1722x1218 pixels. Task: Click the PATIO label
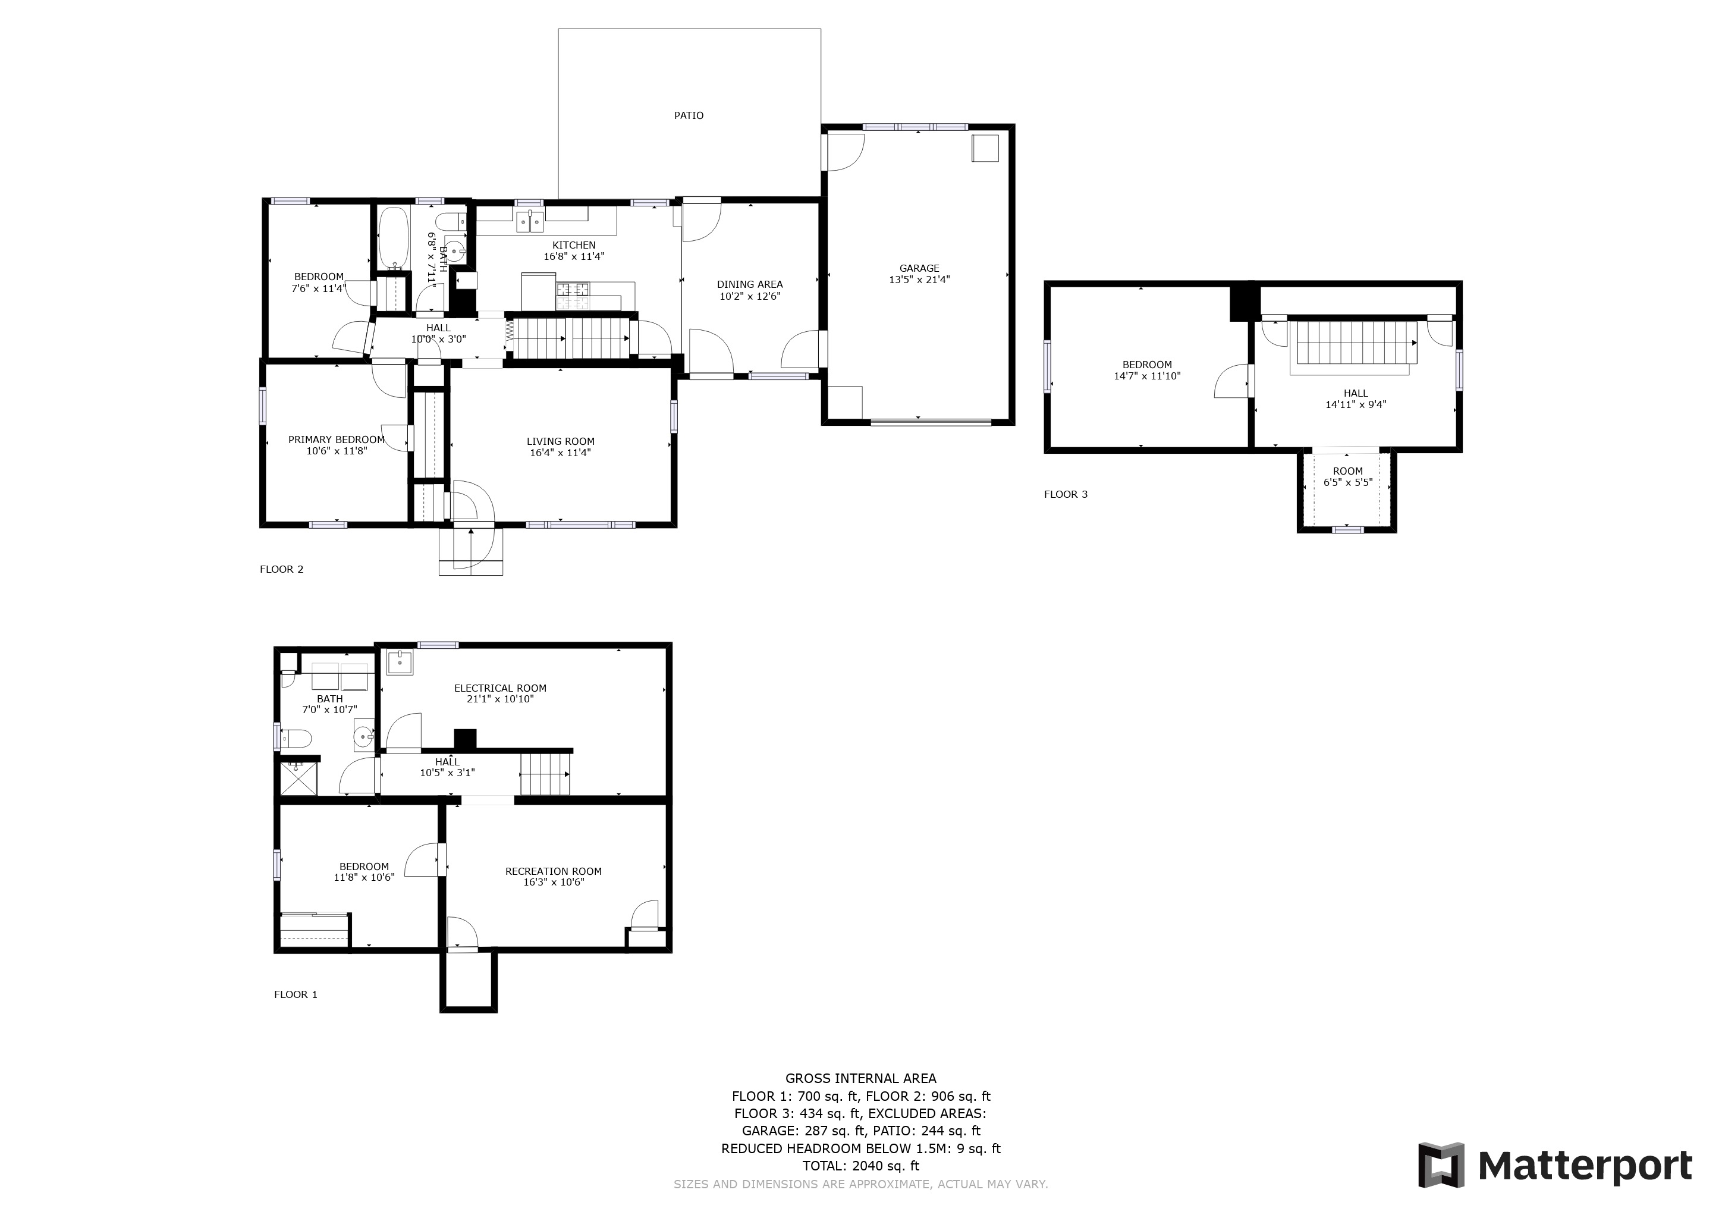click(x=689, y=115)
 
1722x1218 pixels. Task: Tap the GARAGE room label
click(x=919, y=268)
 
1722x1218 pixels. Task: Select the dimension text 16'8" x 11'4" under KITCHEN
click(x=574, y=256)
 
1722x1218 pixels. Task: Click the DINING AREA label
click(x=749, y=284)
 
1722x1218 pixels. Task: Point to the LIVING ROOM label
click(x=560, y=442)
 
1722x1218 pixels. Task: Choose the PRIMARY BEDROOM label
click(x=336, y=440)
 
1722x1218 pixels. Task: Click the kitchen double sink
click(x=531, y=221)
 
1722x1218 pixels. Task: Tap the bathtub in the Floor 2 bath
click(x=394, y=238)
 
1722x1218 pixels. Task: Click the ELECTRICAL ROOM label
click(x=500, y=688)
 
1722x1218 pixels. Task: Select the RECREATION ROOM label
click(x=554, y=871)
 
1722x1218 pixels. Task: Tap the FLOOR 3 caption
click(x=1066, y=494)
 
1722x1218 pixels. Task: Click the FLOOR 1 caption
click(x=296, y=994)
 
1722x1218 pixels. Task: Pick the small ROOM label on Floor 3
click(x=1348, y=471)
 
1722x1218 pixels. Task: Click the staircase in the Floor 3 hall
click(x=1355, y=343)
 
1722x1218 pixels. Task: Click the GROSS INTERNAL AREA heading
click(x=861, y=1078)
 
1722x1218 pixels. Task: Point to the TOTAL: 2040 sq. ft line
click(x=861, y=1166)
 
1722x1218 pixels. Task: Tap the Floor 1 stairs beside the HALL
click(x=545, y=774)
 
